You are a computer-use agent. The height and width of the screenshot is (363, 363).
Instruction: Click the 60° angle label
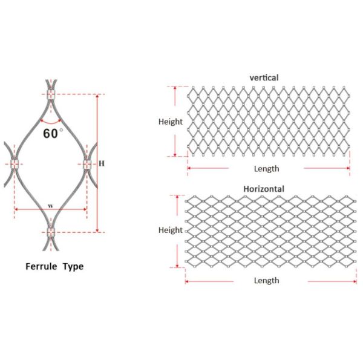pyautogui.click(x=52, y=132)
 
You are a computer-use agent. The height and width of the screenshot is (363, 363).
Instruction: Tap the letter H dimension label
pyautogui.click(x=102, y=163)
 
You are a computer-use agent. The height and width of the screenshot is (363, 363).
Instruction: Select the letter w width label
pyautogui.click(x=51, y=206)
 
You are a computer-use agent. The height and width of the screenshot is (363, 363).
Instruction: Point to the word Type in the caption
pyautogui.click(x=73, y=266)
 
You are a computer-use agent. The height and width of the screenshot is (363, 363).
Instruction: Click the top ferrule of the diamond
pyautogui.click(x=50, y=95)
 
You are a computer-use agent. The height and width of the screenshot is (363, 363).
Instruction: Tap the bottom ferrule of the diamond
pyautogui.click(x=50, y=232)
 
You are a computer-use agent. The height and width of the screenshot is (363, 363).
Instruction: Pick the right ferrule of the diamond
pyautogui.click(x=86, y=163)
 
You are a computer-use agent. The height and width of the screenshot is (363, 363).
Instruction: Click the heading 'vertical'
pyautogui.click(x=264, y=77)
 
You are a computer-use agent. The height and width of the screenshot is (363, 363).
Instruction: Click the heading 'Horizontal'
pyautogui.click(x=264, y=189)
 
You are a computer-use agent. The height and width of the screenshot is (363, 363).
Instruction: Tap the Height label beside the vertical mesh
pyautogui.click(x=171, y=122)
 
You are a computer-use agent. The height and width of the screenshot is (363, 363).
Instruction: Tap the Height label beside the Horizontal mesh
pyautogui.click(x=171, y=230)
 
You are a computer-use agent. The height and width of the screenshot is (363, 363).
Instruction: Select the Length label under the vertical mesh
pyautogui.click(x=266, y=169)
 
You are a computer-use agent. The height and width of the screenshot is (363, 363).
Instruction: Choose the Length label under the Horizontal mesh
pyautogui.click(x=266, y=280)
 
